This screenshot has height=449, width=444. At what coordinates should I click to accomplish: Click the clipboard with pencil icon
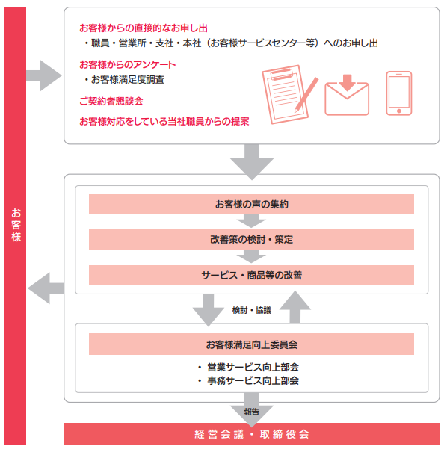[x=289, y=94]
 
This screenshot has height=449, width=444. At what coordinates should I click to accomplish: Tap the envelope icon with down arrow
[x=347, y=95]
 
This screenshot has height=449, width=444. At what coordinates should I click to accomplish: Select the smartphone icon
[x=398, y=93]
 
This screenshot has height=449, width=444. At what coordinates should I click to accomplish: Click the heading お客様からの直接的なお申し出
[x=144, y=28]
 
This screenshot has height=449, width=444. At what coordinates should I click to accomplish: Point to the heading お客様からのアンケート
[x=128, y=65]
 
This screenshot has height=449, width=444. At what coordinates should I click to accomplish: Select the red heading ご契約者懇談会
[x=111, y=101]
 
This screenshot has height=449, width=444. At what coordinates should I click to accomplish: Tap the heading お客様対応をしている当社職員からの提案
[x=164, y=122]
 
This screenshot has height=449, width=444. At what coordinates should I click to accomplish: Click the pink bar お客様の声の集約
[x=251, y=204]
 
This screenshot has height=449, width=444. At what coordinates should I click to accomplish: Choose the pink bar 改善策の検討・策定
[x=251, y=239]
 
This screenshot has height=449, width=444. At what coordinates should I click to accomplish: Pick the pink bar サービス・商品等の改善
[x=251, y=275]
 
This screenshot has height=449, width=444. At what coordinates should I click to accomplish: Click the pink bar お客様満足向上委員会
[x=251, y=344]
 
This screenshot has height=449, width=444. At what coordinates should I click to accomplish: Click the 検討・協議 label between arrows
[x=251, y=310]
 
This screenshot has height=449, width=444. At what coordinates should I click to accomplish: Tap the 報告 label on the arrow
[x=251, y=412]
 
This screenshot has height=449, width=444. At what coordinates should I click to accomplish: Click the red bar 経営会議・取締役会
[x=251, y=434]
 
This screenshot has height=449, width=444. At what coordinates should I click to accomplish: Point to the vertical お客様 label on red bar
[x=16, y=225]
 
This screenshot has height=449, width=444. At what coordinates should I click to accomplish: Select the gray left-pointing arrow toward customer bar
[x=46, y=288]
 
